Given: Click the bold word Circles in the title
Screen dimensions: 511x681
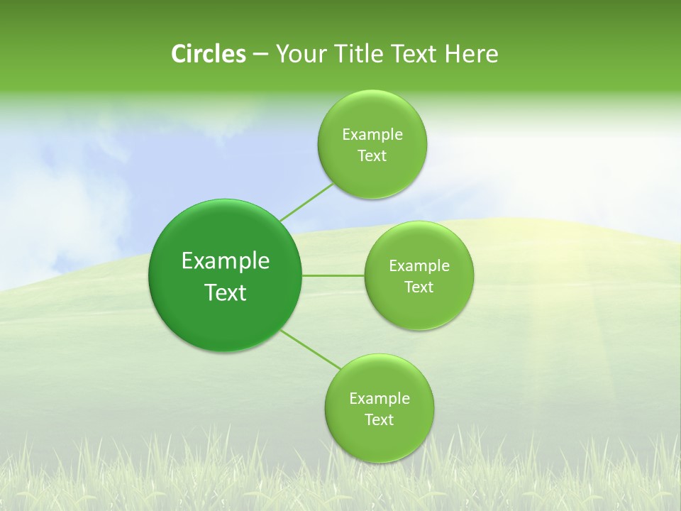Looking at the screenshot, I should [x=208, y=54].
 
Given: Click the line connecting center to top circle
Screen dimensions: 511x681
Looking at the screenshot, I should [x=306, y=202].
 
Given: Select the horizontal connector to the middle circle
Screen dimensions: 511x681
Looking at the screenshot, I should [x=333, y=275].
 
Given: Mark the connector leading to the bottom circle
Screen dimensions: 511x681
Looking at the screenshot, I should [x=311, y=350].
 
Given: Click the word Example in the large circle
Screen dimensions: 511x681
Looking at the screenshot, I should [x=226, y=261].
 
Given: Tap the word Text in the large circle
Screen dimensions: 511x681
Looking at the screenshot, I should [x=226, y=292].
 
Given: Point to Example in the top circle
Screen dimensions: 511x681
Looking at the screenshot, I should [x=372, y=135].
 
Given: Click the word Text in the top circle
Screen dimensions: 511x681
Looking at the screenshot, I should [x=372, y=156].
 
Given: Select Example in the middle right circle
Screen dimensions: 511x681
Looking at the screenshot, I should [x=419, y=266].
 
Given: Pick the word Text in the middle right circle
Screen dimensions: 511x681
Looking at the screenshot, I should [x=419, y=287].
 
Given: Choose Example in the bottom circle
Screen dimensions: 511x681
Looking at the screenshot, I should [x=380, y=399].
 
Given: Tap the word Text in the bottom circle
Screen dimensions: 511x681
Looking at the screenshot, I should [x=380, y=420].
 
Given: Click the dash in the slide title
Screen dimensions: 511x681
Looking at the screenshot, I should [x=260, y=54].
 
